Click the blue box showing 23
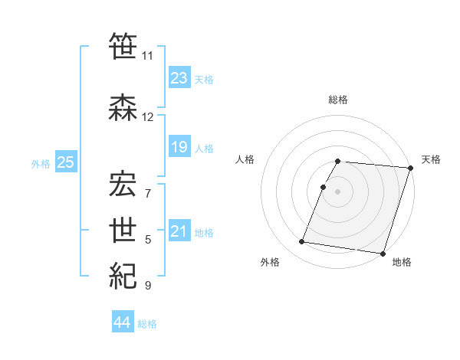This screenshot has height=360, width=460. pyautogui.click(x=179, y=78)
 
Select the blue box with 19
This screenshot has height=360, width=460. pyautogui.click(x=179, y=147)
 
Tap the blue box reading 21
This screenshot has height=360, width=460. pyautogui.click(x=179, y=231)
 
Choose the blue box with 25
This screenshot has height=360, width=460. pyautogui.click(x=66, y=162)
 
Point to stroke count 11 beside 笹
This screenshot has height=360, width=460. pyautogui.click(x=148, y=55)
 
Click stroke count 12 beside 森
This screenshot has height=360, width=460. pyautogui.click(x=148, y=117)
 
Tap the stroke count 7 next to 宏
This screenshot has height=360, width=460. pyautogui.click(x=148, y=193)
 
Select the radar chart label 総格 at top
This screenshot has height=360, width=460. pyautogui.click(x=338, y=100)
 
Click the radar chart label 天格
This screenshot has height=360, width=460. pyautogui.click(x=431, y=159)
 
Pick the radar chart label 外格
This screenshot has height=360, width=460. pyautogui.click(x=270, y=262)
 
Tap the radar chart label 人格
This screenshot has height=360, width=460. pyautogui.click(x=245, y=159)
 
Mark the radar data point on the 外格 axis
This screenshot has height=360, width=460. pyautogui.click(x=302, y=242)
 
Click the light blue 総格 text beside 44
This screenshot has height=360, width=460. pyautogui.click(x=147, y=324)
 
